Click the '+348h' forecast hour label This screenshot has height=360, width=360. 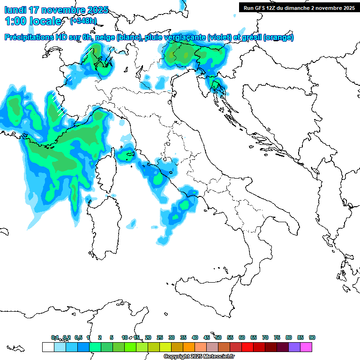[83, 21]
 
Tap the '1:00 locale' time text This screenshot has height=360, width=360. [33, 21]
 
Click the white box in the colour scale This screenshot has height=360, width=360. [48, 347]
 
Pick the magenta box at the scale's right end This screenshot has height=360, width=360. [306, 347]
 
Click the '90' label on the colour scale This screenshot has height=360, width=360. [312, 337]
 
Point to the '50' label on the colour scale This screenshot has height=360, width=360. [218, 337]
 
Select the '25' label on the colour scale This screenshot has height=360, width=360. [160, 337]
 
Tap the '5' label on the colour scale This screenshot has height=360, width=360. [112, 337]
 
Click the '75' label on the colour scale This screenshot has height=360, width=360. [277, 337]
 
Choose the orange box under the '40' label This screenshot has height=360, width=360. [189, 347]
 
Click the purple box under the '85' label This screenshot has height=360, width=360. [294, 347]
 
